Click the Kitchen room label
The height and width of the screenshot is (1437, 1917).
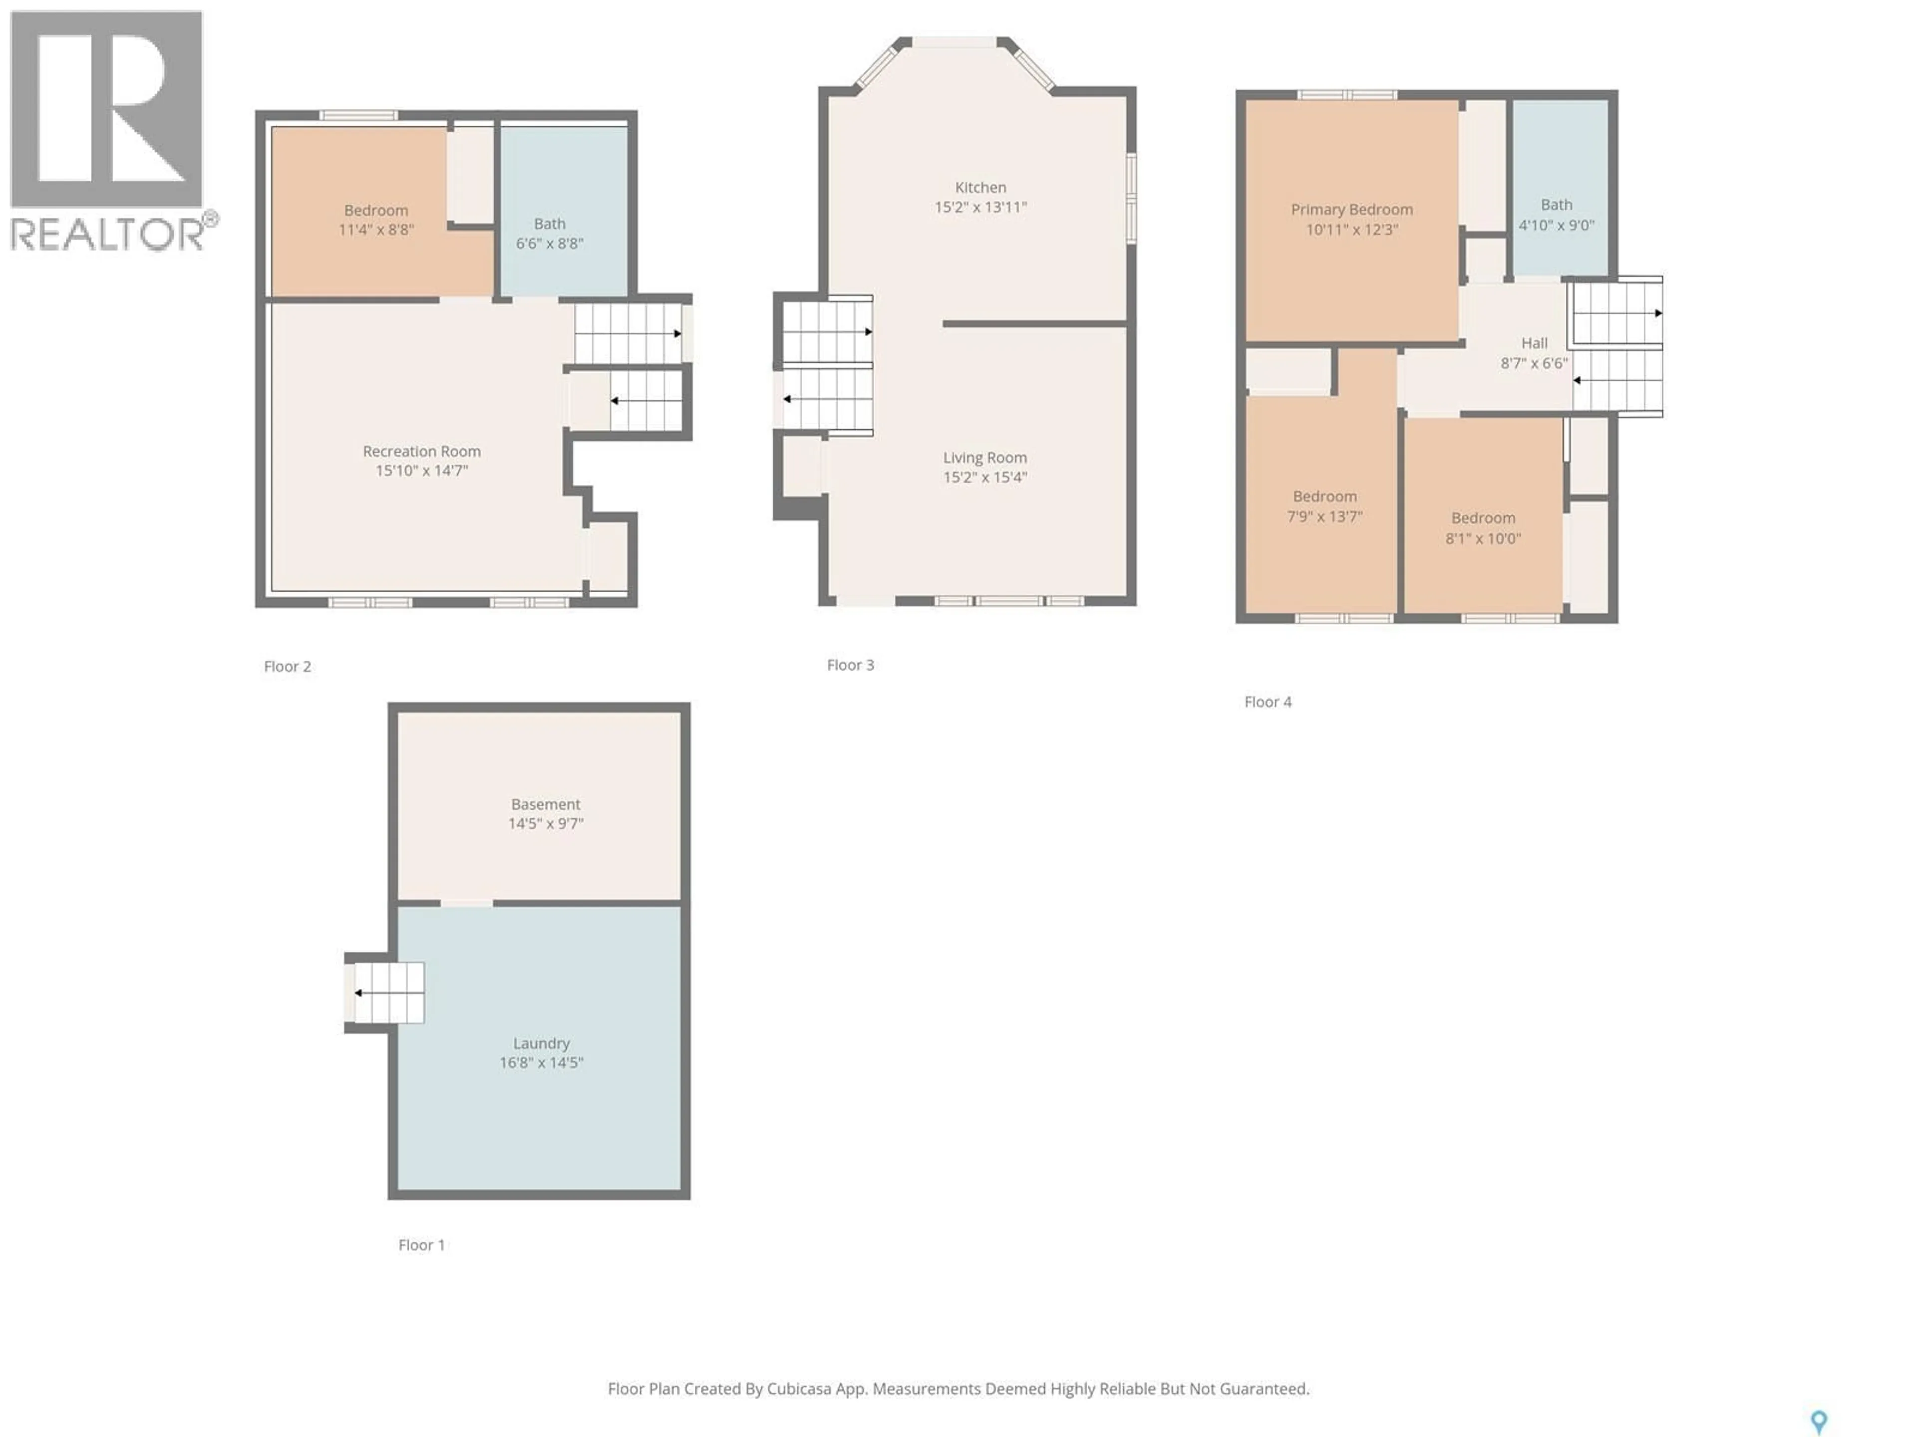(980, 187)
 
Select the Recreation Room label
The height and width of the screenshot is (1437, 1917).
(421, 451)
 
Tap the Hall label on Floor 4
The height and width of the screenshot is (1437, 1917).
(1534, 343)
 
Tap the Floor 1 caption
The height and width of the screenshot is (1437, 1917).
(421, 1245)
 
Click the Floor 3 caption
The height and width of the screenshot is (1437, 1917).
(850, 665)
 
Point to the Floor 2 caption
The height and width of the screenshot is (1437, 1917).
(287, 666)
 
